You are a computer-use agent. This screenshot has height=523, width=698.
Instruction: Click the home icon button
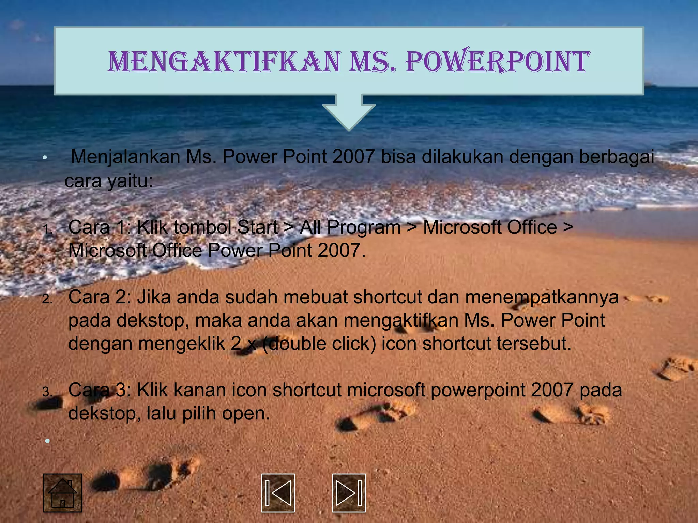coord(63,493)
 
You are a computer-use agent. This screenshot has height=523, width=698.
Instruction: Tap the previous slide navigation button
coord(278,493)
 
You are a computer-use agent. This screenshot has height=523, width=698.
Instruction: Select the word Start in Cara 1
coord(257,227)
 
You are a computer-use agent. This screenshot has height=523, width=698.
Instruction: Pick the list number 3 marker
coord(47,392)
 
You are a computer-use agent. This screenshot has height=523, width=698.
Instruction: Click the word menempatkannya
coord(542,297)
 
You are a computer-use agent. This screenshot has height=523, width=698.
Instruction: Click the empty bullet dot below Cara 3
coord(47,441)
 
